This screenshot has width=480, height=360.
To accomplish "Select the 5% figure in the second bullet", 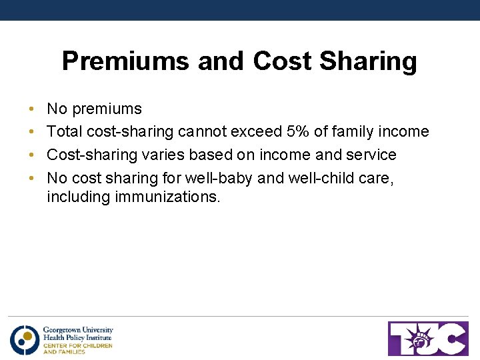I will [298, 132].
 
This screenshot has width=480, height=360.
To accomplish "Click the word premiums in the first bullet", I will [107, 109].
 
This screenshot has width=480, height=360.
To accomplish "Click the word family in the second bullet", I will [355, 132].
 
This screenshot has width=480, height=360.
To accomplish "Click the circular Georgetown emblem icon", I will [25, 339].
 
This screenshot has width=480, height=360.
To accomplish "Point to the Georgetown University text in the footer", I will [78, 330].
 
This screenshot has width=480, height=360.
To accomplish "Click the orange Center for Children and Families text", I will [77, 348].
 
